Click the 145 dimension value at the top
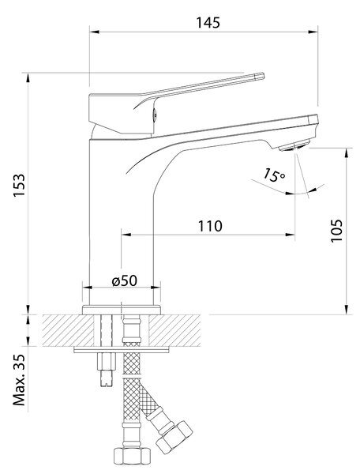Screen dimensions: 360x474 point(208,23)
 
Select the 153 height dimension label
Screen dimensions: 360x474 point(19,185)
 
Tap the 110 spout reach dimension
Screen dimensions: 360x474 point(210,226)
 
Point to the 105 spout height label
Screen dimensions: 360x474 point(336,231)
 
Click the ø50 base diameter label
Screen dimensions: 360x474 point(125,280)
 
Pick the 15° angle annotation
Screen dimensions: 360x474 point(273,175)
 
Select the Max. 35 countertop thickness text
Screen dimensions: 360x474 point(19,380)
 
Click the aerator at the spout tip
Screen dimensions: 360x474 point(294,146)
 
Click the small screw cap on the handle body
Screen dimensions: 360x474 point(154,114)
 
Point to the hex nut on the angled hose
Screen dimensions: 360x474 point(174,436)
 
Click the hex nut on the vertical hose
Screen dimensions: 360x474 point(132,457)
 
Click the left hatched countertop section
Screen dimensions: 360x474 point(67,330)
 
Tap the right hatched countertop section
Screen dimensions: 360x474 point(175,330)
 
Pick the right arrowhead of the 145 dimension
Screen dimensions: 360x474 point(313,32)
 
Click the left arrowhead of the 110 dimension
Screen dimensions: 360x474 point(126,235)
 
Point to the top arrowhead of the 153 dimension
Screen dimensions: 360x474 point(28,77)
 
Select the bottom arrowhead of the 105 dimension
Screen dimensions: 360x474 point(346,310)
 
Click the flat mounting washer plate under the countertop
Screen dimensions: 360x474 point(122,350)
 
